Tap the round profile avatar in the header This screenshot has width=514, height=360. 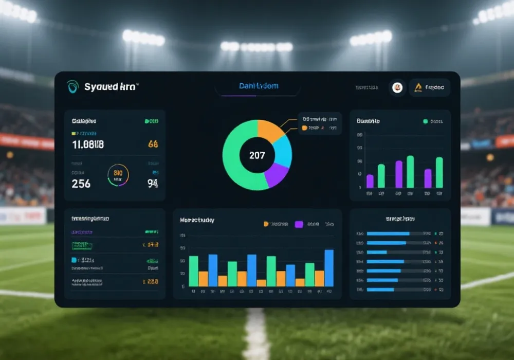(x=397, y=87)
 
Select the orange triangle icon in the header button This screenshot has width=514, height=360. (x=418, y=87)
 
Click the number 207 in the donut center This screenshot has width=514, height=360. (x=257, y=155)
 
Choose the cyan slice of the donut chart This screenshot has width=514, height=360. (x=283, y=149)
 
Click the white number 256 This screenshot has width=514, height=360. (x=81, y=184)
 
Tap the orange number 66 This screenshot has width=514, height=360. (x=153, y=145)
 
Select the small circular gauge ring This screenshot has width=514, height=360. (x=118, y=175)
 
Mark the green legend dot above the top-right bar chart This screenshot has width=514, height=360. (x=425, y=121)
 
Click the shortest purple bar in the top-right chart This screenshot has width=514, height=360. (x=370, y=181)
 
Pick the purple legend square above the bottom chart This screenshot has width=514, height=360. (x=299, y=224)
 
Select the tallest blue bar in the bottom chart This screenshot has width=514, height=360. (x=329, y=267)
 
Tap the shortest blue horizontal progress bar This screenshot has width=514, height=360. (x=377, y=252)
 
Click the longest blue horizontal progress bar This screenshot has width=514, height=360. (x=388, y=233)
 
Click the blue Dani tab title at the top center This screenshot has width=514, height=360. (x=259, y=86)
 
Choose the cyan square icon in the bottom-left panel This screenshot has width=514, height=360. (x=74, y=260)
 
